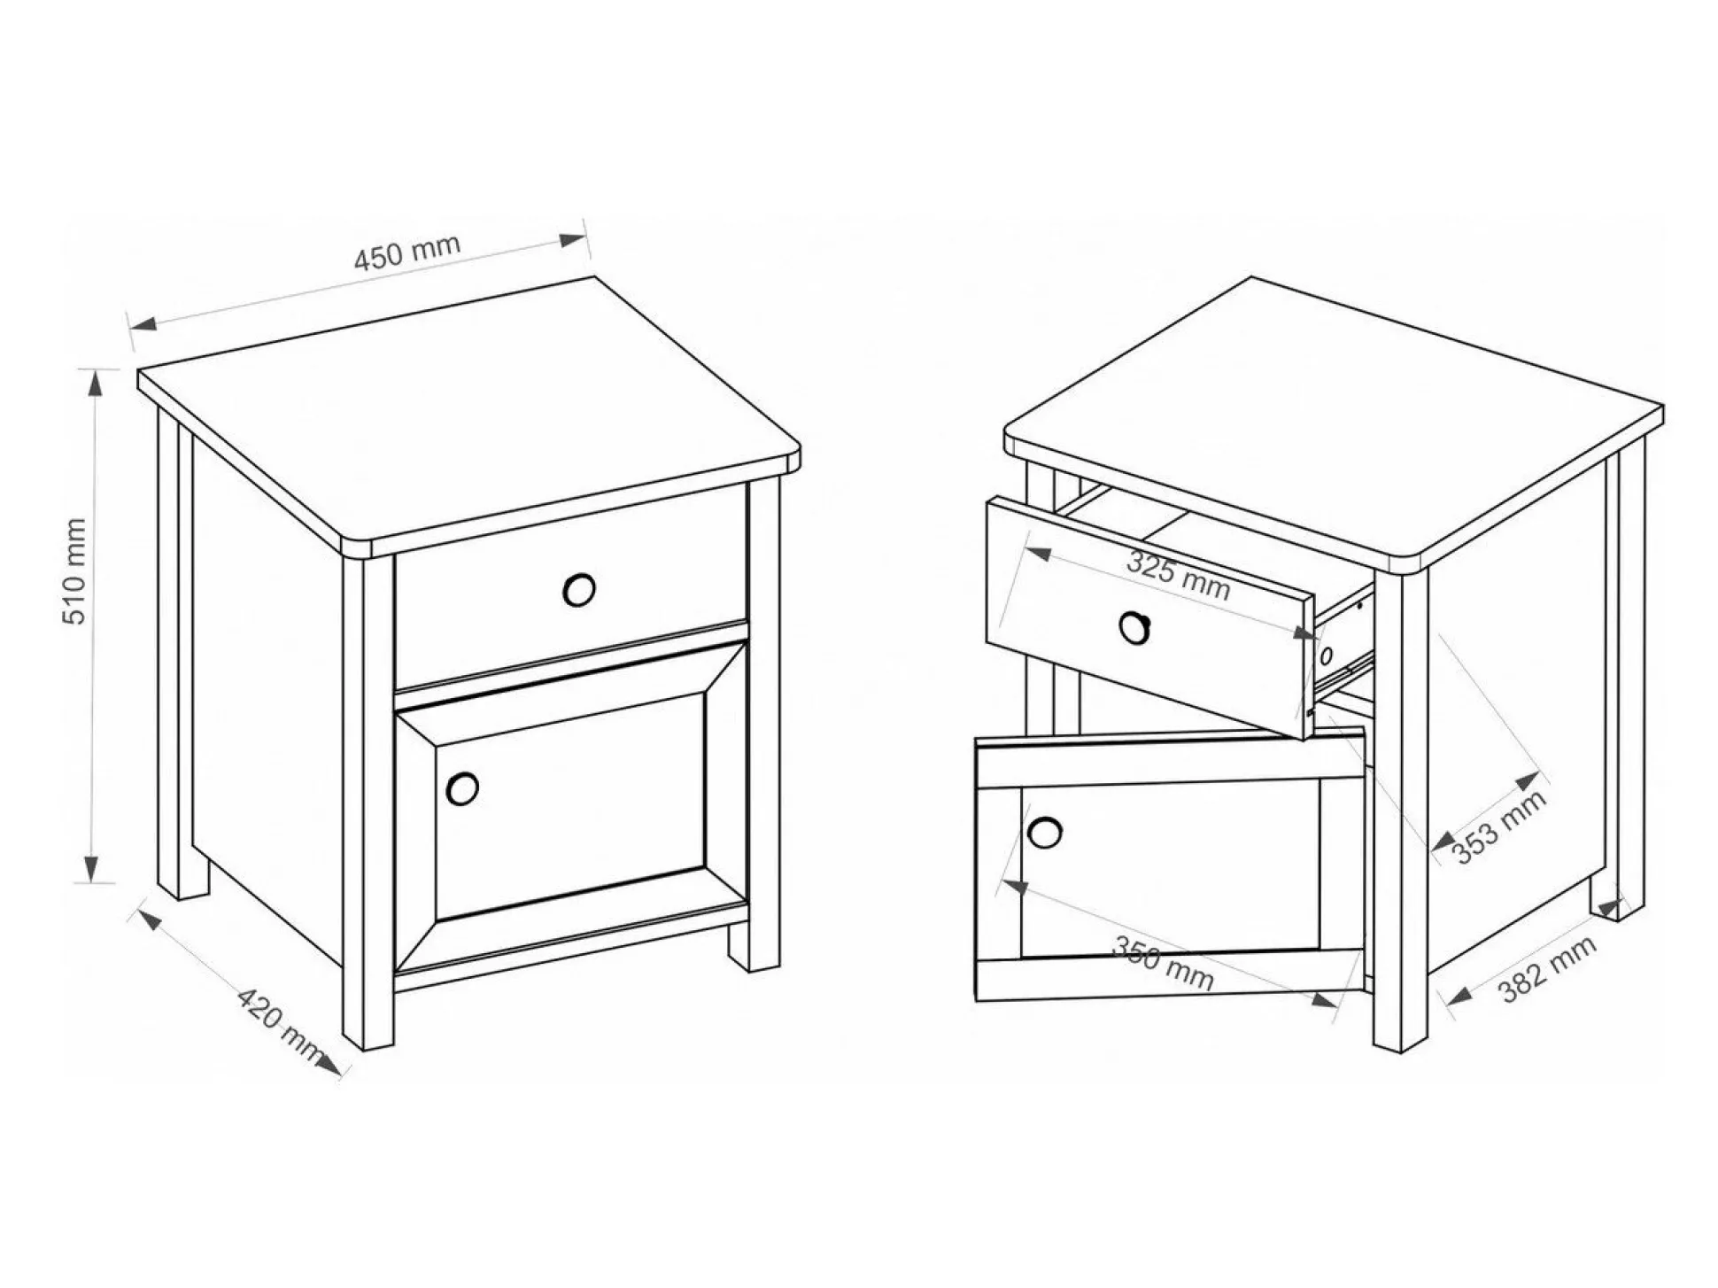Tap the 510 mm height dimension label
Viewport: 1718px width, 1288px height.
(75, 572)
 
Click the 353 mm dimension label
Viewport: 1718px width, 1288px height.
(1500, 826)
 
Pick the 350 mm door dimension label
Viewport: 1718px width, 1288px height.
(1162, 963)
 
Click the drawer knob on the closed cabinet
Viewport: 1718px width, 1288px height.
(579, 589)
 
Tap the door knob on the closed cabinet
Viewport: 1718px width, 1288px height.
(462, 788)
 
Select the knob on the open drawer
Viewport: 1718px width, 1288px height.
(1134, 627)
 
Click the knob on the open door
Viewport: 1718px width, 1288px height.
(1045, 832)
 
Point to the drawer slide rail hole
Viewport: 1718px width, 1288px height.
(1326, 656)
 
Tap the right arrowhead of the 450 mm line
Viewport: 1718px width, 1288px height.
(573, 239)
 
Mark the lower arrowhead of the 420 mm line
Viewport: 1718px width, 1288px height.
(329, 1065)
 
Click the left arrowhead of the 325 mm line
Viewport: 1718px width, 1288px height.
(1037, 554)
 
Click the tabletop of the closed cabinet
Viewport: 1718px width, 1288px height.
(469, 416)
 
